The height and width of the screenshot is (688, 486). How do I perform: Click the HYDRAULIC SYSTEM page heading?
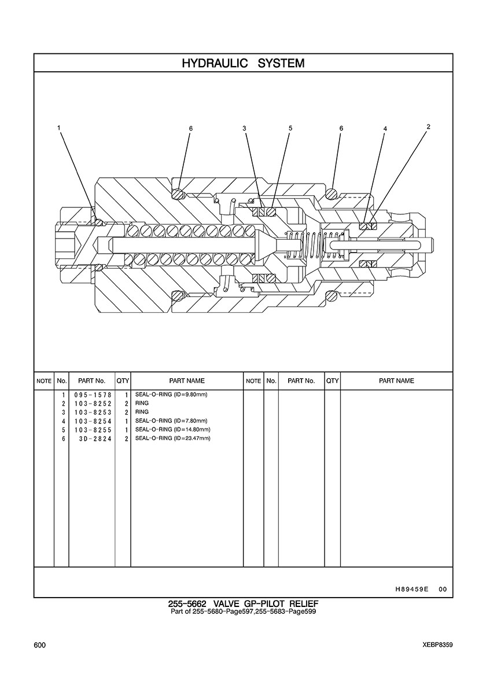(243, 63)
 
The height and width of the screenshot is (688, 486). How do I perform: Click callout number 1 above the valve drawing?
(58, 127)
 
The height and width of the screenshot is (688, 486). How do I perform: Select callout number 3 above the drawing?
(245, 129)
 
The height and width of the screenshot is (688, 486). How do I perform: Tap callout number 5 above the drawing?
(290, 128)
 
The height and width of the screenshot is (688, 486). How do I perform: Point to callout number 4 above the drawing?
(385, 129)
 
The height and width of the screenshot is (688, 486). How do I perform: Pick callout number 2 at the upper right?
(428, 127)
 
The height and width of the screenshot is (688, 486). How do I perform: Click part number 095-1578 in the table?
(93, 395)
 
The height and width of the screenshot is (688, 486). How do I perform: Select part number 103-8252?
(93, 404)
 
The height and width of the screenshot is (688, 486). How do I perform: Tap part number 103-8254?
(93, 421)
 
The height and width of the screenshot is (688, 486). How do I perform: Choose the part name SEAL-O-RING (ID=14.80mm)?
(172, 430)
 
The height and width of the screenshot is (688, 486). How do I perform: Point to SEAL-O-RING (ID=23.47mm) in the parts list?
(172, 438)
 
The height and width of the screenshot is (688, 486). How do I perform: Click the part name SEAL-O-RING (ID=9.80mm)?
(171, 394)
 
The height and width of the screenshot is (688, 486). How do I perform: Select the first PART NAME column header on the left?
(187, 381)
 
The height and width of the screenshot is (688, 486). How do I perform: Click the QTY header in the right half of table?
(333, 381)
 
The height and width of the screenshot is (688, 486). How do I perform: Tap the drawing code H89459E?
(411, 590)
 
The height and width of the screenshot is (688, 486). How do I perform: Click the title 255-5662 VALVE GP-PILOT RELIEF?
(243, 604)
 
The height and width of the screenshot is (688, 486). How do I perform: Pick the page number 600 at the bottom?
(39, 645)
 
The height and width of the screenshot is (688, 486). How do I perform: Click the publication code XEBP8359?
(438, 645)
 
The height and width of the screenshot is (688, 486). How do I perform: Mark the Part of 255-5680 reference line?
(243, 612)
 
